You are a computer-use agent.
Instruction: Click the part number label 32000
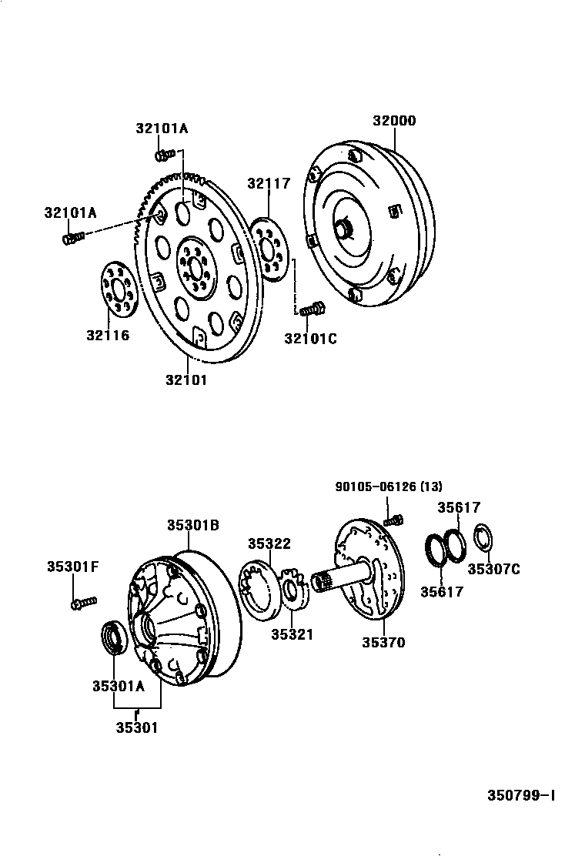click(x=394, y=121)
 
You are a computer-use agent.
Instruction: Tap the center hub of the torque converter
click(x=343, y=229)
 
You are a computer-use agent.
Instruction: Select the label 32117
click(x=269, y=183)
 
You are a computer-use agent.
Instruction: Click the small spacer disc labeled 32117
click(x=269, y=248)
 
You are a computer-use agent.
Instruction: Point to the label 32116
click(x=108, y=335)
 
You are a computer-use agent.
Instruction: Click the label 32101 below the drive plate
click(x=186, y=379)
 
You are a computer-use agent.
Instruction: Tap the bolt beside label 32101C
click(x=311, y=310)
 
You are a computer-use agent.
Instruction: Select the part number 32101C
click(x=310, y=338)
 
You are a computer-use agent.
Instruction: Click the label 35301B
click(x=193, y=525)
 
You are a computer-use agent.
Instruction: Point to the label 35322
click(x=269, y=543)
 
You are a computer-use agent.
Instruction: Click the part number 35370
click(x=383, y=642)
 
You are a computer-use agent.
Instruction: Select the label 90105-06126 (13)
click(x=389, y=486)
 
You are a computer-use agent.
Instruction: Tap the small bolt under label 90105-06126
click(x=394, y=520)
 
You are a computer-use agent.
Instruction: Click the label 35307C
click(x=493, y=569)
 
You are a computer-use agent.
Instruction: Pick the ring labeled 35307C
click(x=483, y=538)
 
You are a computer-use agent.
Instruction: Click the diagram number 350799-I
click(x=520, y=795)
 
